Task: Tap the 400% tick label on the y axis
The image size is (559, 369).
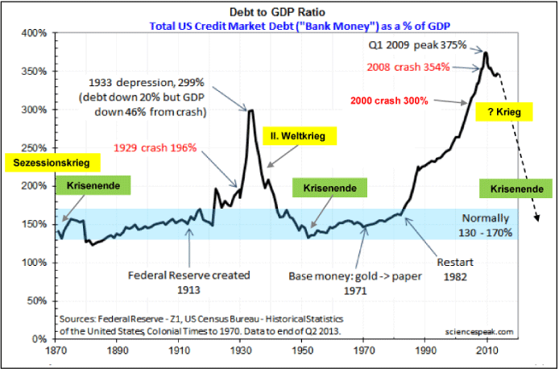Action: pyautogui.click(x=35, y=33)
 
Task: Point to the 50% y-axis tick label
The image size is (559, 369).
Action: pyautogui.click(x=37, y=300)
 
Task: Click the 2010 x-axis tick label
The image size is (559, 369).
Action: pyautogui.click(x=486, y=350)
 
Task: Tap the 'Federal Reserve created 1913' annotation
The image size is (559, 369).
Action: pyautogui.click(x=189, y=281)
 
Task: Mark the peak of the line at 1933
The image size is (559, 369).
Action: pyautogui.click(x=251, y=110)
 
